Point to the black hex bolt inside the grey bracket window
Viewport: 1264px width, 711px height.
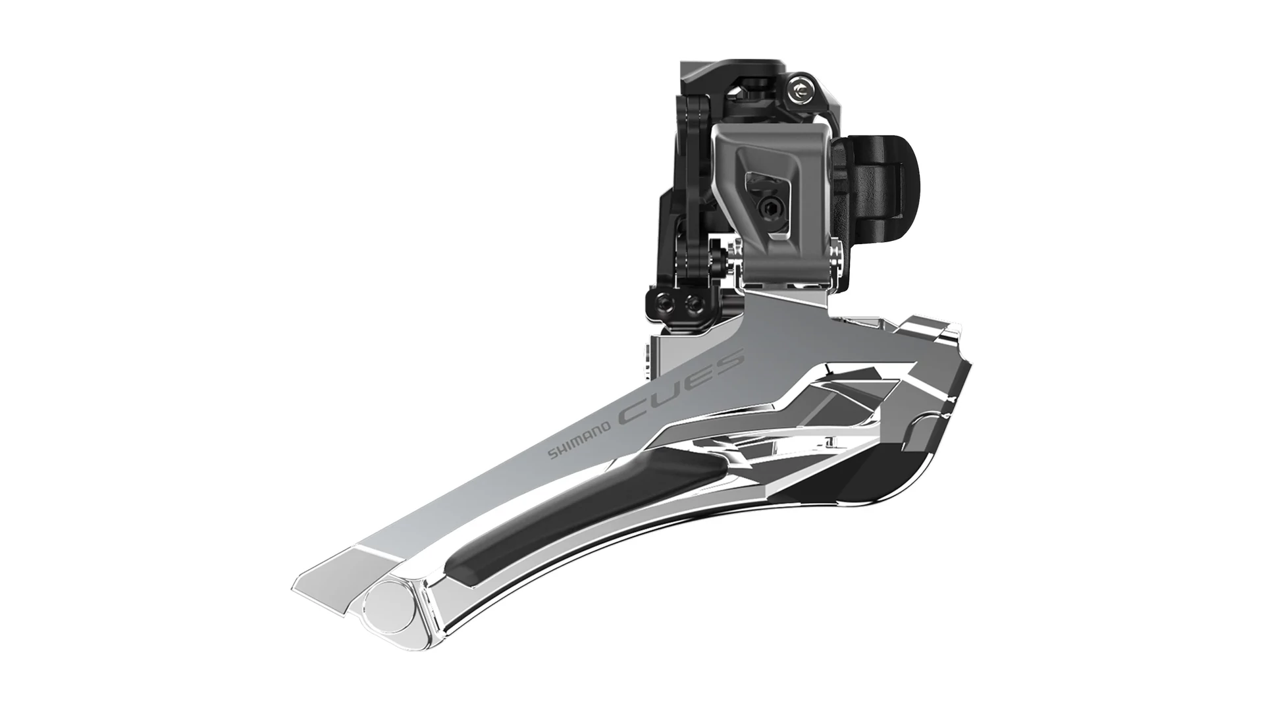[768, 209]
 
